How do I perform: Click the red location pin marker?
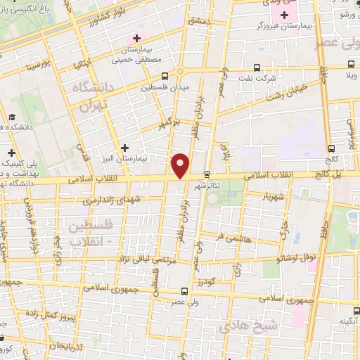click(181, 165)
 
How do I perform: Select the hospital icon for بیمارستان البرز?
click(125, 148)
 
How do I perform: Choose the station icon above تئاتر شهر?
click(206, 174)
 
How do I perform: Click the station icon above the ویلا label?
click(347, 63)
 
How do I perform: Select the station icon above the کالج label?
click(332, 148)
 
